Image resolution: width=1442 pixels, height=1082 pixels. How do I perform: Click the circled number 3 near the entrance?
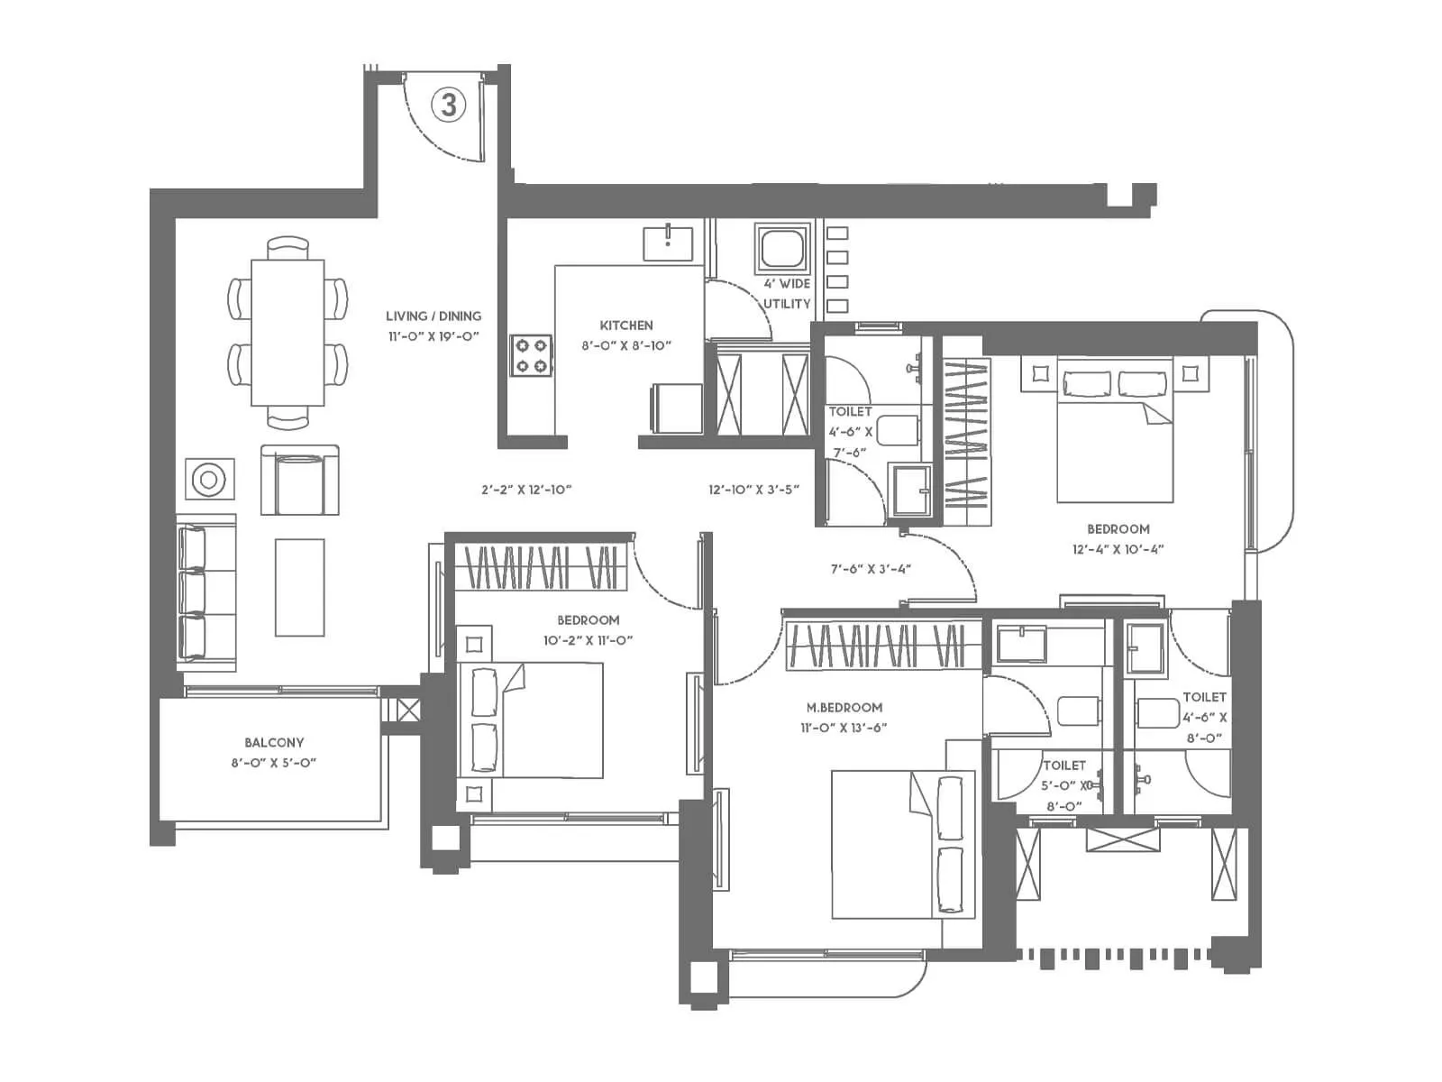pyautogui.click(x=449, y=105)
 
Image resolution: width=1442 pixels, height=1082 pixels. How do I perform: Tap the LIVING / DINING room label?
pyautogui.click(x=434, y=316)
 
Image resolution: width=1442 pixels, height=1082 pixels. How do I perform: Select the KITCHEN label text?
pyautogui.click(x=626, y=326)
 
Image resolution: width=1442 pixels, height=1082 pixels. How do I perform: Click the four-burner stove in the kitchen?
pyautogui.click(x=531, y=355)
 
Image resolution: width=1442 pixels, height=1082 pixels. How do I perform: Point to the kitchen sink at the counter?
pyautogui.click(x=668, y=243)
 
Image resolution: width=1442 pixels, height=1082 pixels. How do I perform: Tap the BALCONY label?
pyautogui.click(x=274, y=743)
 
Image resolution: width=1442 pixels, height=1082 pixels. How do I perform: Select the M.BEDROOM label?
pyautogui.click(x=844, y=708)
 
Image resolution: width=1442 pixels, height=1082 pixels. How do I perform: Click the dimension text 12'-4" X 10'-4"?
pyautogui.click(x=1118, y=549)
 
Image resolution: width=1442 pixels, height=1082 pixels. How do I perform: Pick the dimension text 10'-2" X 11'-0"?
pyautogui.click(x=588, y=640)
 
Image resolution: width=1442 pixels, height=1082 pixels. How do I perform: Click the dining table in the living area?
pyautogui.click(x=287, y=332)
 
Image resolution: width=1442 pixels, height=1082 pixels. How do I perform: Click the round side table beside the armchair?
pyautogui.click(x=209, y=480)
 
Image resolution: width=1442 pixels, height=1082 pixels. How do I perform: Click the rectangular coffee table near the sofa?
pyautogui.click(x=299, y=587)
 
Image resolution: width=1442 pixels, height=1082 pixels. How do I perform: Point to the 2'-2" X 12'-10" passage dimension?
pyautogui.click(x=526, y=491)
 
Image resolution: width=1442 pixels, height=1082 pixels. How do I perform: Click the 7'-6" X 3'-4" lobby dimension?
pyautogui.click(x=871, y=569)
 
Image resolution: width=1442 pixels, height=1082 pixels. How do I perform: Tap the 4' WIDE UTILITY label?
pyautogui.click(x=787, y=294)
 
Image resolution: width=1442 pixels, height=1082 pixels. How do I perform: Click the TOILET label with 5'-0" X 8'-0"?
pyautogui.click(x=1063, y=766)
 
